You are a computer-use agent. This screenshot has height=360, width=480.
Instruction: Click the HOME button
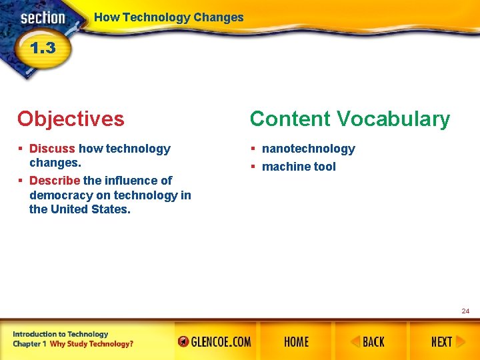pyautogui.click(x=296, y=342)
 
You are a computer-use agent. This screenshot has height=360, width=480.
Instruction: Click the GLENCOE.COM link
pyautogui.click(x=215, y=342)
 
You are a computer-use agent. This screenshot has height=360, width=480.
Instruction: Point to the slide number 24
pyautogui.click(x=465, y=311)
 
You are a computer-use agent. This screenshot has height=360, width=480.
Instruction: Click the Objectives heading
pyautogui.click(x=71, y=119)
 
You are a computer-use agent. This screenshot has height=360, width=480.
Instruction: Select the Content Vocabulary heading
pyautogui.click(x=350, y=119)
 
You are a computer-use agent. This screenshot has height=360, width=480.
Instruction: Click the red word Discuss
pyautogui.click(x=52, y=149)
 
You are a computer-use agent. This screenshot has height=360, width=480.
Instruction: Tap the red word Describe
pyautogui.click(x=55, y=181)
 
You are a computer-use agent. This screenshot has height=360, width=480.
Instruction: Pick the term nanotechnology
pyautogui.click(x=308, y=149)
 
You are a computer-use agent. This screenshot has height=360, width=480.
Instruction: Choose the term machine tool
pyautogui.click(x=299, y=167)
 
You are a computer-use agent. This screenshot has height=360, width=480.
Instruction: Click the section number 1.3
pyautogui.click(x=42, y=48)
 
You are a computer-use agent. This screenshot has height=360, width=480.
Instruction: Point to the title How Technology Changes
pyautogui.click(x=169, y=18)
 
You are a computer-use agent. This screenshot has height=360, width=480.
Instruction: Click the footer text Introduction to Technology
pyautogui.click(x=60, y=334)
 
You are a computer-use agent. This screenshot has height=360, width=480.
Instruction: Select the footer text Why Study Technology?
pyautogui.click(x=91, y=344)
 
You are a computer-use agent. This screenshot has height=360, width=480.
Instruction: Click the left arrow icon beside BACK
pyautogui.click(x=355, y=342)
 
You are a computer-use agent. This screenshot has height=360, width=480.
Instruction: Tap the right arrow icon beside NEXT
pyautogui.click(x=460, y=342)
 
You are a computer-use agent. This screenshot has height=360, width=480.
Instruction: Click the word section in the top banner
pyautogui.click(x=42, y=18)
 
